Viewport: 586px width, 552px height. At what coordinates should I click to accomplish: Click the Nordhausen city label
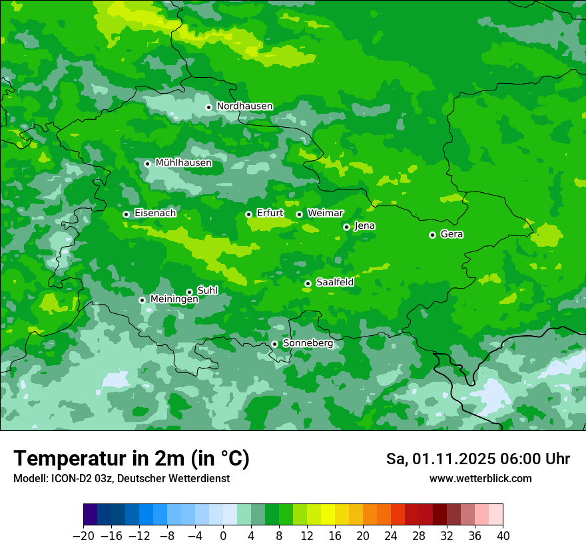(x=244, y=106)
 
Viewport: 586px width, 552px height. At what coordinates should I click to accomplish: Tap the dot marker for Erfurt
(x=248, y=214)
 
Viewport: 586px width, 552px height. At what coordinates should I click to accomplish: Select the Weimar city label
(x=325, y=213)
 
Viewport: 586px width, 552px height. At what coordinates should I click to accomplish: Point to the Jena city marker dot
(x=346, y=227)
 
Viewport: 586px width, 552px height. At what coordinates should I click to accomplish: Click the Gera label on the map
(x=451, y=234)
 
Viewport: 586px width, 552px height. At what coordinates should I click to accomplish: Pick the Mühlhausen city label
(x=183, y=163)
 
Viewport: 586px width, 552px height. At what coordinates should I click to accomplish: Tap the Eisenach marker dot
(x=126, y=214)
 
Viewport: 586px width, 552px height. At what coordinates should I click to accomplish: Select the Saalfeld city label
(x=334, y=283)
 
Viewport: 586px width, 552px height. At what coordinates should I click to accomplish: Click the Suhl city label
(x=207, y=291)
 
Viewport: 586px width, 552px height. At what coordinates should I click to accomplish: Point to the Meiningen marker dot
(x=142, y=300)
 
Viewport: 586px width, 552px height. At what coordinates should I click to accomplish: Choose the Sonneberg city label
(x=308, y=343)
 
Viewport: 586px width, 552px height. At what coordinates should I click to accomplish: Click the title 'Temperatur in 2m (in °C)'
(x=131, y=459)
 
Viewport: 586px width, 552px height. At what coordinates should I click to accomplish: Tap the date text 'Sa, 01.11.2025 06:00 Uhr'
(x=477, y=459)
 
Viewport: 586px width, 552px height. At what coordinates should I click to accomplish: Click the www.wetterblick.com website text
(x=480, y=479)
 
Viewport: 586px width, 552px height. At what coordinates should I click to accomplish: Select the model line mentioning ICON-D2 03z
(x=121, y=479)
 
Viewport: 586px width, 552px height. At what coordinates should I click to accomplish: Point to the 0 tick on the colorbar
(x=223, y=536)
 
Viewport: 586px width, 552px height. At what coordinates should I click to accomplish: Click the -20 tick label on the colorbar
(x=83, y=536)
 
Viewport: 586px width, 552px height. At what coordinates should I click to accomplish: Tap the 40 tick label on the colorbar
(x=503, y=536)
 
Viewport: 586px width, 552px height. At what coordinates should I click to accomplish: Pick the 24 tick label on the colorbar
(x=391, y=536)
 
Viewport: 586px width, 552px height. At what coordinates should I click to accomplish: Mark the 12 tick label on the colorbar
(x=307, y=536)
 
